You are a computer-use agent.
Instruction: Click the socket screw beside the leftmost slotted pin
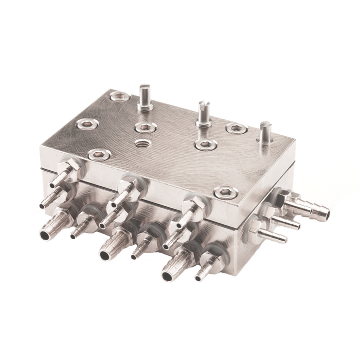pyautogui.click(x=119, y=96)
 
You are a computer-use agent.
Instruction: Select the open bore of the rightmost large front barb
pyautogui.click(x=167, y=276)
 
